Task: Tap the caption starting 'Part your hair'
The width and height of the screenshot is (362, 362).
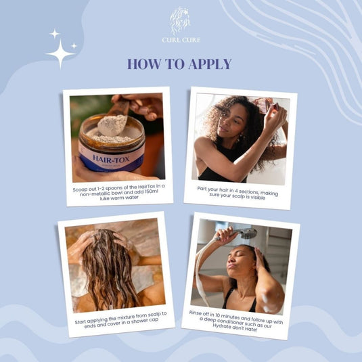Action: pos(240,191)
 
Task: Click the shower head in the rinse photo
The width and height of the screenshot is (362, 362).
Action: pos(247,233)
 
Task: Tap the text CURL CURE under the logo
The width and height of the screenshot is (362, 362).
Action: pos(181,40)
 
